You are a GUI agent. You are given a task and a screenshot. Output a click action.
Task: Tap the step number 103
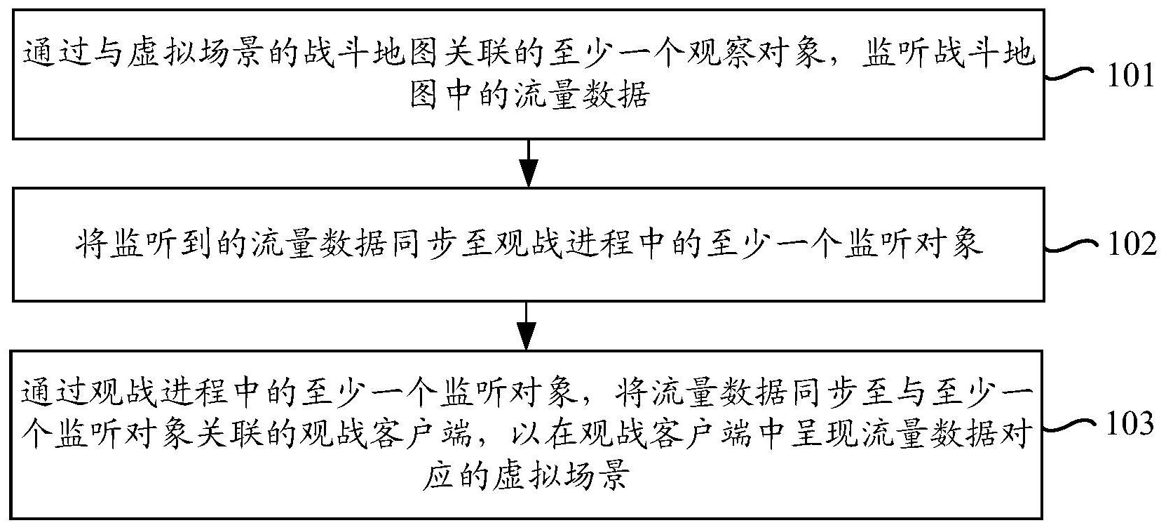(x=1130, y=424)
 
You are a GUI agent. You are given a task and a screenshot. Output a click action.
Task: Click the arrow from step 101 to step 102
(x=529, y=163)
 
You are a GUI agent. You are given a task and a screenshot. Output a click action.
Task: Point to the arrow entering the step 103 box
(x=527, y=326)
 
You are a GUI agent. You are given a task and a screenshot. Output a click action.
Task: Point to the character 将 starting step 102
(x=93, y=244)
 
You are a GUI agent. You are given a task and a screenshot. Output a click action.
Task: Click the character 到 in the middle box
(x=198, y=244)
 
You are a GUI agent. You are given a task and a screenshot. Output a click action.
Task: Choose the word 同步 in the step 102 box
(x=424, y=244)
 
